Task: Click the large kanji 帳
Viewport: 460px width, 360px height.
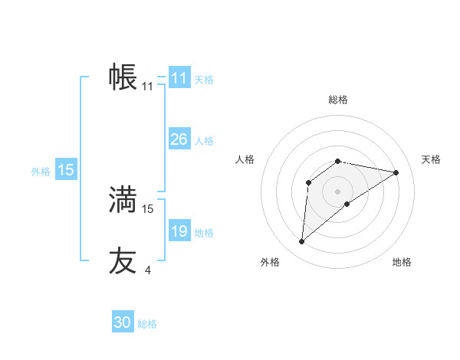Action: pos(123,77)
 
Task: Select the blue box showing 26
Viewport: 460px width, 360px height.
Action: pos(179,139)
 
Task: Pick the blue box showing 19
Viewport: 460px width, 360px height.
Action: pos(179,231)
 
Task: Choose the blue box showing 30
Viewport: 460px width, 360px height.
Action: pos(123,322)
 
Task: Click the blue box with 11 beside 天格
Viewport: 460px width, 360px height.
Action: pos(179,78)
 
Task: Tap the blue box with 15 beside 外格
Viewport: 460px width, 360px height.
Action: pos(66,170)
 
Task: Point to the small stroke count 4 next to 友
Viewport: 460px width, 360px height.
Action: pos(147,270)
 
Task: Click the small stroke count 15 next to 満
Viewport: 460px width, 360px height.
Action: pos(148,208)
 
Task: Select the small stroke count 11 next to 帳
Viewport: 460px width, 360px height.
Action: pos(148,86)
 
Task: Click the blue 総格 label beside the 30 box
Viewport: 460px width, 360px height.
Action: pos(147,324)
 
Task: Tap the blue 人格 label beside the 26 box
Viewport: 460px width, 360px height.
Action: pos(204,141)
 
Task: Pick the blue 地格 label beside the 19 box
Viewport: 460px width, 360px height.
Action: pos(204,233)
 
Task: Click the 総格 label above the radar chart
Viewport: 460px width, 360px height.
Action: pos(338,100)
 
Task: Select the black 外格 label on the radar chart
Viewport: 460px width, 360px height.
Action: pos(270,262)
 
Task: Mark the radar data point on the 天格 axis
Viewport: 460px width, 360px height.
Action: pos(396,172)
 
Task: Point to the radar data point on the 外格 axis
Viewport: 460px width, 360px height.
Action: pos(301,242)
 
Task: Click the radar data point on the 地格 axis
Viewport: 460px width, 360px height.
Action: pos(347,204)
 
